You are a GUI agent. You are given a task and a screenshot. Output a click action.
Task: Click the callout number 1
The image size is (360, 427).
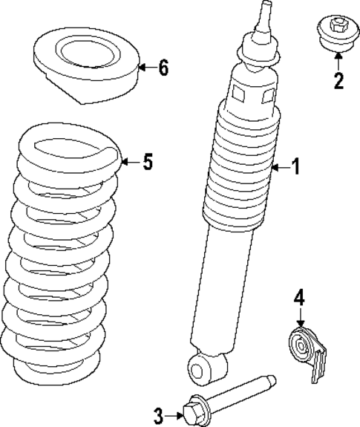pos(295,168)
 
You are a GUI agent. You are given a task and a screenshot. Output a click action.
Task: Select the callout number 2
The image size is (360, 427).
pos(338,80)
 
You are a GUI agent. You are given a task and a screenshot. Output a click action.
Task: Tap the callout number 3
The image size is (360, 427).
pos(158,414)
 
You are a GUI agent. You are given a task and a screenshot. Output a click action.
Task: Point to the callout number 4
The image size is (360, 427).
pos(299,299)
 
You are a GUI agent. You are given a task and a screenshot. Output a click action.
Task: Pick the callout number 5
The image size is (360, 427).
pos(148,162)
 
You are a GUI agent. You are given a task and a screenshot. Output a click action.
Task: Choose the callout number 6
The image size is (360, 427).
pos(163,68)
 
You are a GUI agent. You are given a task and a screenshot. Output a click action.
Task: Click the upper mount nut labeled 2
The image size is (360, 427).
pos(338,33)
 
